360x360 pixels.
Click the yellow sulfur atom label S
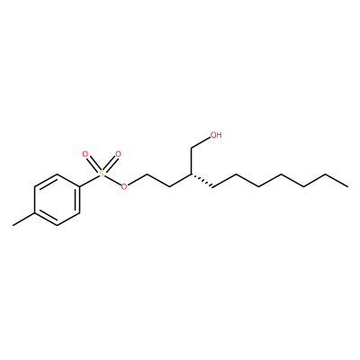click(102, 174)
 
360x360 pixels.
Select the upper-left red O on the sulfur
click(85, 155)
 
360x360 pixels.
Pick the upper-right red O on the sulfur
click(118, 155)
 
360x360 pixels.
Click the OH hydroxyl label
click(216, 135)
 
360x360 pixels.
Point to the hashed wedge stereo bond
click(202, 181)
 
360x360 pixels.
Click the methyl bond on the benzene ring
click(24, 220)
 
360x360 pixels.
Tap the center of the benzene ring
click(58, 200)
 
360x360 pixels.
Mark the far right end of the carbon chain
click(348, 187)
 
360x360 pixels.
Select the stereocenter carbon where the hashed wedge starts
click(191, 174)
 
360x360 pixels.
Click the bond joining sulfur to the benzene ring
click(89, 181)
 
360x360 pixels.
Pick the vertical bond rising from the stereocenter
click(191, 161)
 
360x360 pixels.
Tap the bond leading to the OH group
click(201, 143)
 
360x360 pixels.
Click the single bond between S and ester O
click(113, 180)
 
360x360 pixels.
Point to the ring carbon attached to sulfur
click(80, 187)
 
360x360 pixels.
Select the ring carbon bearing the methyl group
click(35, 213)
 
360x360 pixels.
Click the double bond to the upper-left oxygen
click(94, 164)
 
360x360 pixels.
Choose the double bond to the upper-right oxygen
click(110, 164)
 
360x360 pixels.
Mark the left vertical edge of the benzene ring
click(35, 200)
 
